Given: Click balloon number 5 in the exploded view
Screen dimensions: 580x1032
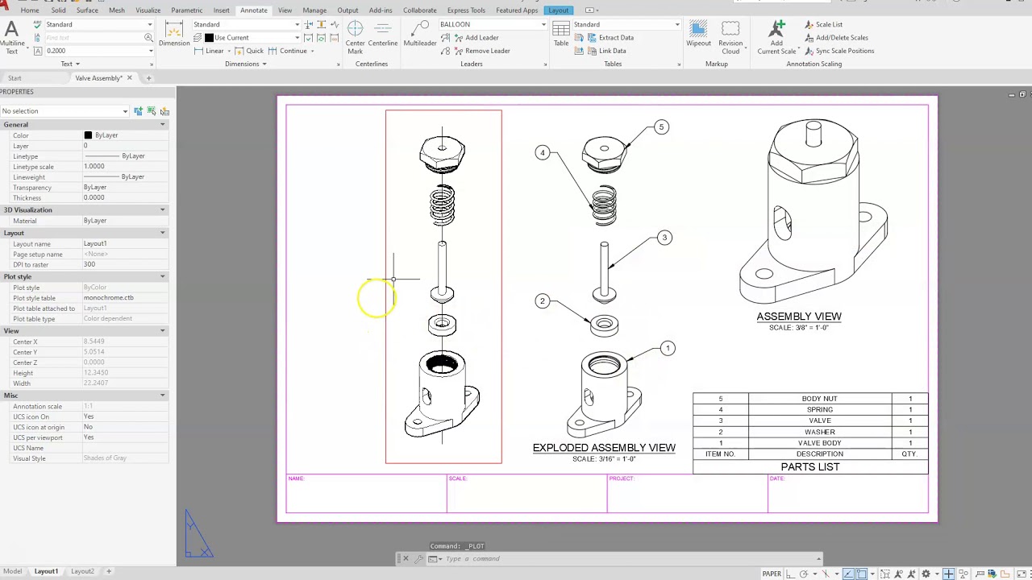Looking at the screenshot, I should (661, 127).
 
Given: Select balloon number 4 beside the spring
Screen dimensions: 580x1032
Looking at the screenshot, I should (543, 153).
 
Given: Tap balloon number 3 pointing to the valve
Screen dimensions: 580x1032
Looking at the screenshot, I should (664, 238).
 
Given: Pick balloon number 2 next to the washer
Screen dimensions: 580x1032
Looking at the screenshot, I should (542, 301).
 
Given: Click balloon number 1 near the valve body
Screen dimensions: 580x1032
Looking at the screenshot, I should (668, 349).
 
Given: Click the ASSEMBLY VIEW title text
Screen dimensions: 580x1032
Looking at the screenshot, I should (798, 317).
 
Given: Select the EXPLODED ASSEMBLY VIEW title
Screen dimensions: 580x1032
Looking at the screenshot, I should (604, 448).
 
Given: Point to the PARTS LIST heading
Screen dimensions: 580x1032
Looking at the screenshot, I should (809, 467).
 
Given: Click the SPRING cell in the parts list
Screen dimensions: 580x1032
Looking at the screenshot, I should (819, 410).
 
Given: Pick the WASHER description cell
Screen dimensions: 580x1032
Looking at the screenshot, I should (819, 433).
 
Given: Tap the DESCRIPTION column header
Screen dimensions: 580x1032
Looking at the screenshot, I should (819, 454).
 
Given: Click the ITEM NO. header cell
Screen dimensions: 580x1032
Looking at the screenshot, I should (720, 454).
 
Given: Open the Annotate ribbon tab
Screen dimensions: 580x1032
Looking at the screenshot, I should (253, 10).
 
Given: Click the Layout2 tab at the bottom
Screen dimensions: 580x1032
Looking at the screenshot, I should (82, 571).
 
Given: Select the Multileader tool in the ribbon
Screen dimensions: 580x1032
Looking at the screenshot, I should (419, 35).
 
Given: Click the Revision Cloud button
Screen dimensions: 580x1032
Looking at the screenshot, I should (730, 35).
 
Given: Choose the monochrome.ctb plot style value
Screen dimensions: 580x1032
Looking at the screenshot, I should (109, 298).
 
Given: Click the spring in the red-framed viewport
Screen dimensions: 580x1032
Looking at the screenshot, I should (442, 205).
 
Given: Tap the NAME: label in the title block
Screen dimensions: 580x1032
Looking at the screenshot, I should (296, 479).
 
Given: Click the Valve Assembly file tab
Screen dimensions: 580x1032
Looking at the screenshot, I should (98, 78).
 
